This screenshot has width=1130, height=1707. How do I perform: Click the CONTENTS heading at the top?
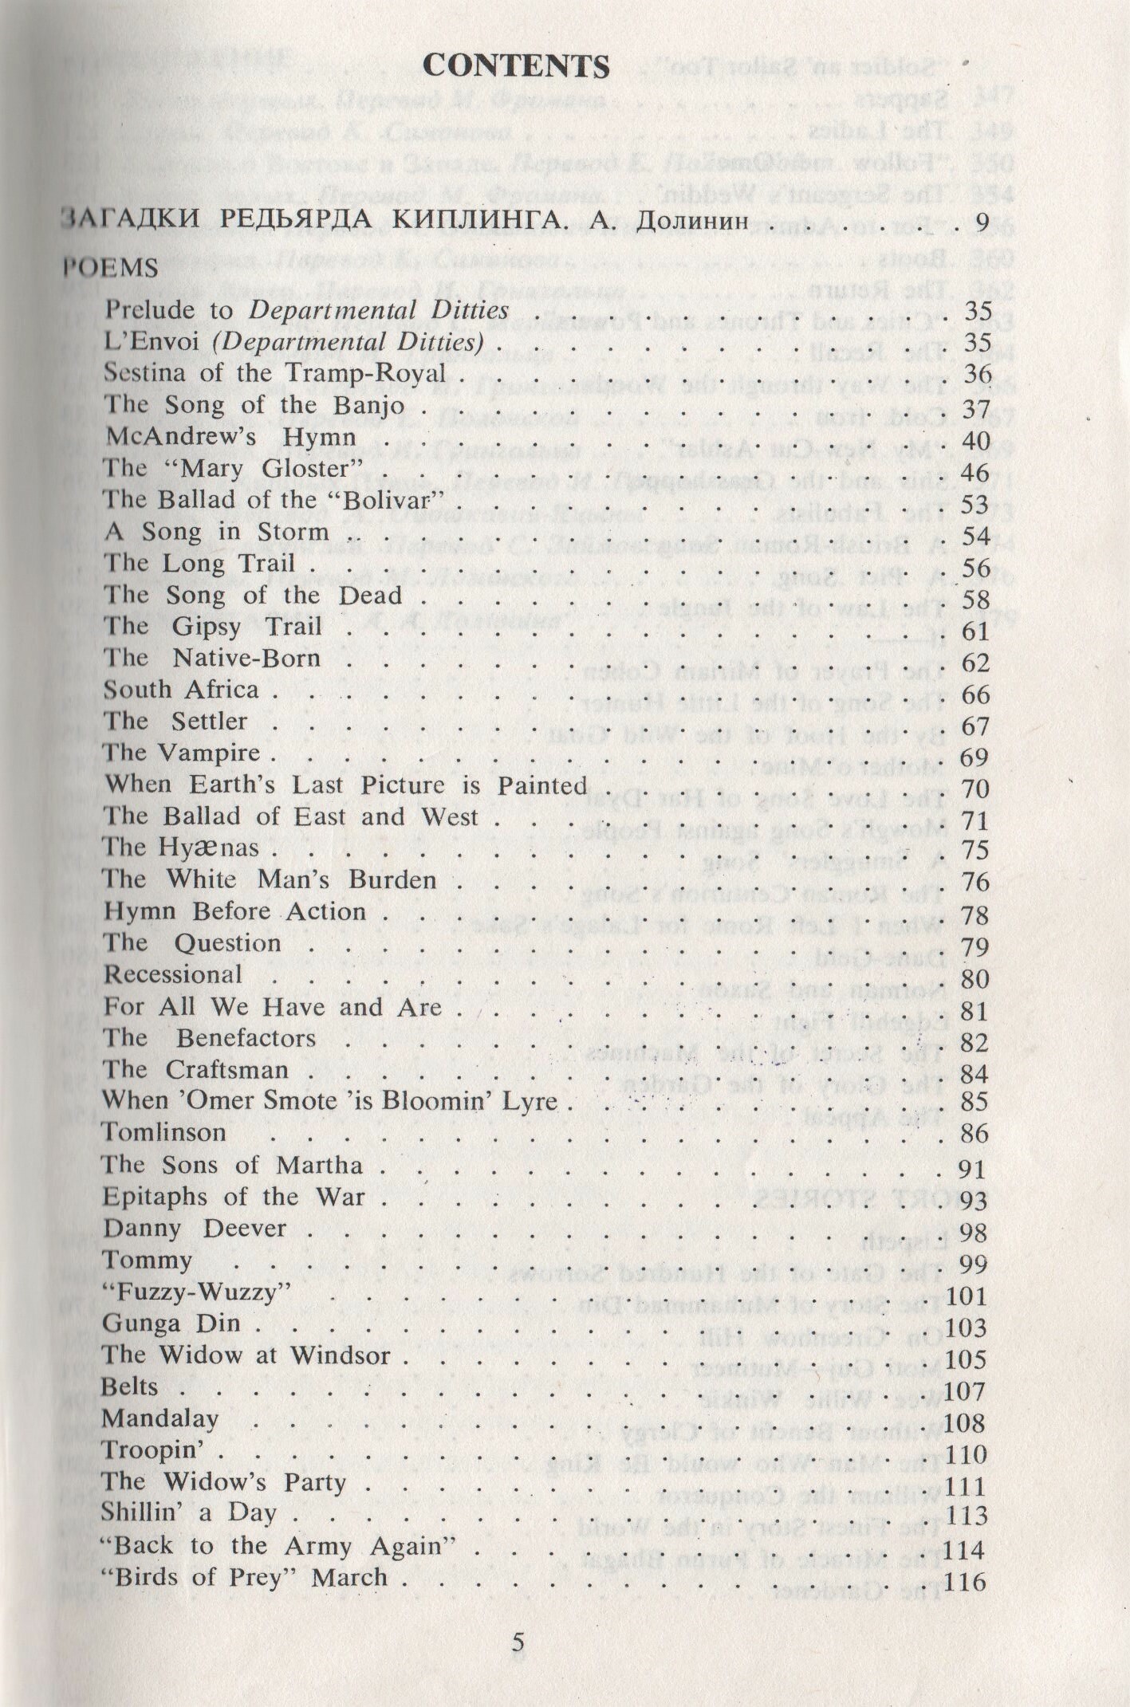coord(516,66)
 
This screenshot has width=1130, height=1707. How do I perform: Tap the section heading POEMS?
coord(111,268)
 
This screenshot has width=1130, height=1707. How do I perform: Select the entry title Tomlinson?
coord(163,1132)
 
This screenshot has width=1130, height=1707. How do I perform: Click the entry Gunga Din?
coord(171,1324)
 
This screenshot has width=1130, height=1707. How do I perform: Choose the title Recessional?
coord(173,974)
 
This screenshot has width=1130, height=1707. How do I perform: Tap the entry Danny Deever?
coord(194,1228)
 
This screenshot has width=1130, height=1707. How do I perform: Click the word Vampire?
coord(209,753)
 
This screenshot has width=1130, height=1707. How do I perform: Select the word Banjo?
coord(369,405)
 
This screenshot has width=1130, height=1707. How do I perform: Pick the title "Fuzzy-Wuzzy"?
coord(194,1292)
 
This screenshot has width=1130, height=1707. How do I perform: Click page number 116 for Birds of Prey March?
coord(965,1580)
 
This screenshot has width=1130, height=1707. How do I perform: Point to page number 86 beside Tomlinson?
coord(974,1133)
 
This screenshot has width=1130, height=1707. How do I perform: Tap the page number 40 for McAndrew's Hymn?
coord(976,440)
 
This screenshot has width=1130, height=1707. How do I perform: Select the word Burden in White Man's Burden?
coord(392,879)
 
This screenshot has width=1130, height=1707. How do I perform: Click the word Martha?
coord(319,1165)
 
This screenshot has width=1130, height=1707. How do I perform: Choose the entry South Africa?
coord(181,690)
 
